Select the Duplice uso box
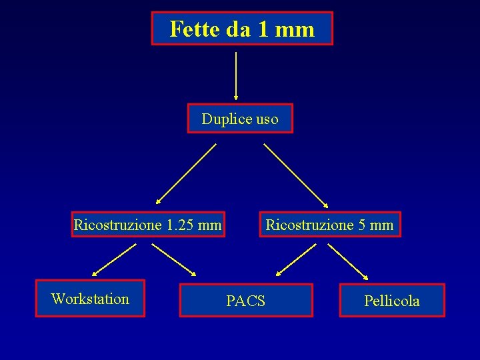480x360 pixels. (x=240, y=119)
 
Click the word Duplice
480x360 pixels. (x=226, y=119)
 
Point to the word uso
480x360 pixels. (x=265, y=119)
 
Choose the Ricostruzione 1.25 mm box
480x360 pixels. (x=147, y=225)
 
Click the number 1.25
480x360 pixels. (x=180, y=225)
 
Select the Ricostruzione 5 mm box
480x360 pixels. (x=329, y=225)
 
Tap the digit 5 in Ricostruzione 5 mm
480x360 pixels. (x=362, y=225)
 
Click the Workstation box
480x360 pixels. (x=90, y=299)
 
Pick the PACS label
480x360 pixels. (x=245, y=301)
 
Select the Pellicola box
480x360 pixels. (x=392, y=301)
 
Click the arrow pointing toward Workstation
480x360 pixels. (x=114, y=259)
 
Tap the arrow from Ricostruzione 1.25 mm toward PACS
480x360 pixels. (x=174, y=259)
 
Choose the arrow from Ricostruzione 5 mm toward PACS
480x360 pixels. (x=296, y=260)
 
